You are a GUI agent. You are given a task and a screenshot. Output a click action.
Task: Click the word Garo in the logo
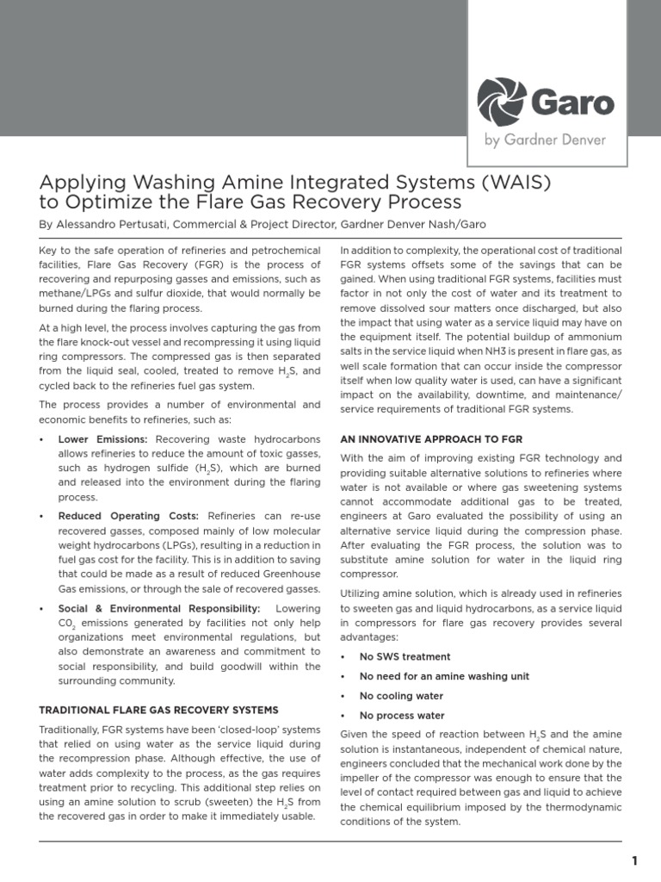(574, 103)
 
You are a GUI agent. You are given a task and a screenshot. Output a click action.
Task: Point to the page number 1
(634, 860)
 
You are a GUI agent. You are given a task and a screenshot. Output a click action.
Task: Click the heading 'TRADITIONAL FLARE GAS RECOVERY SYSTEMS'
(159, 710)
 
